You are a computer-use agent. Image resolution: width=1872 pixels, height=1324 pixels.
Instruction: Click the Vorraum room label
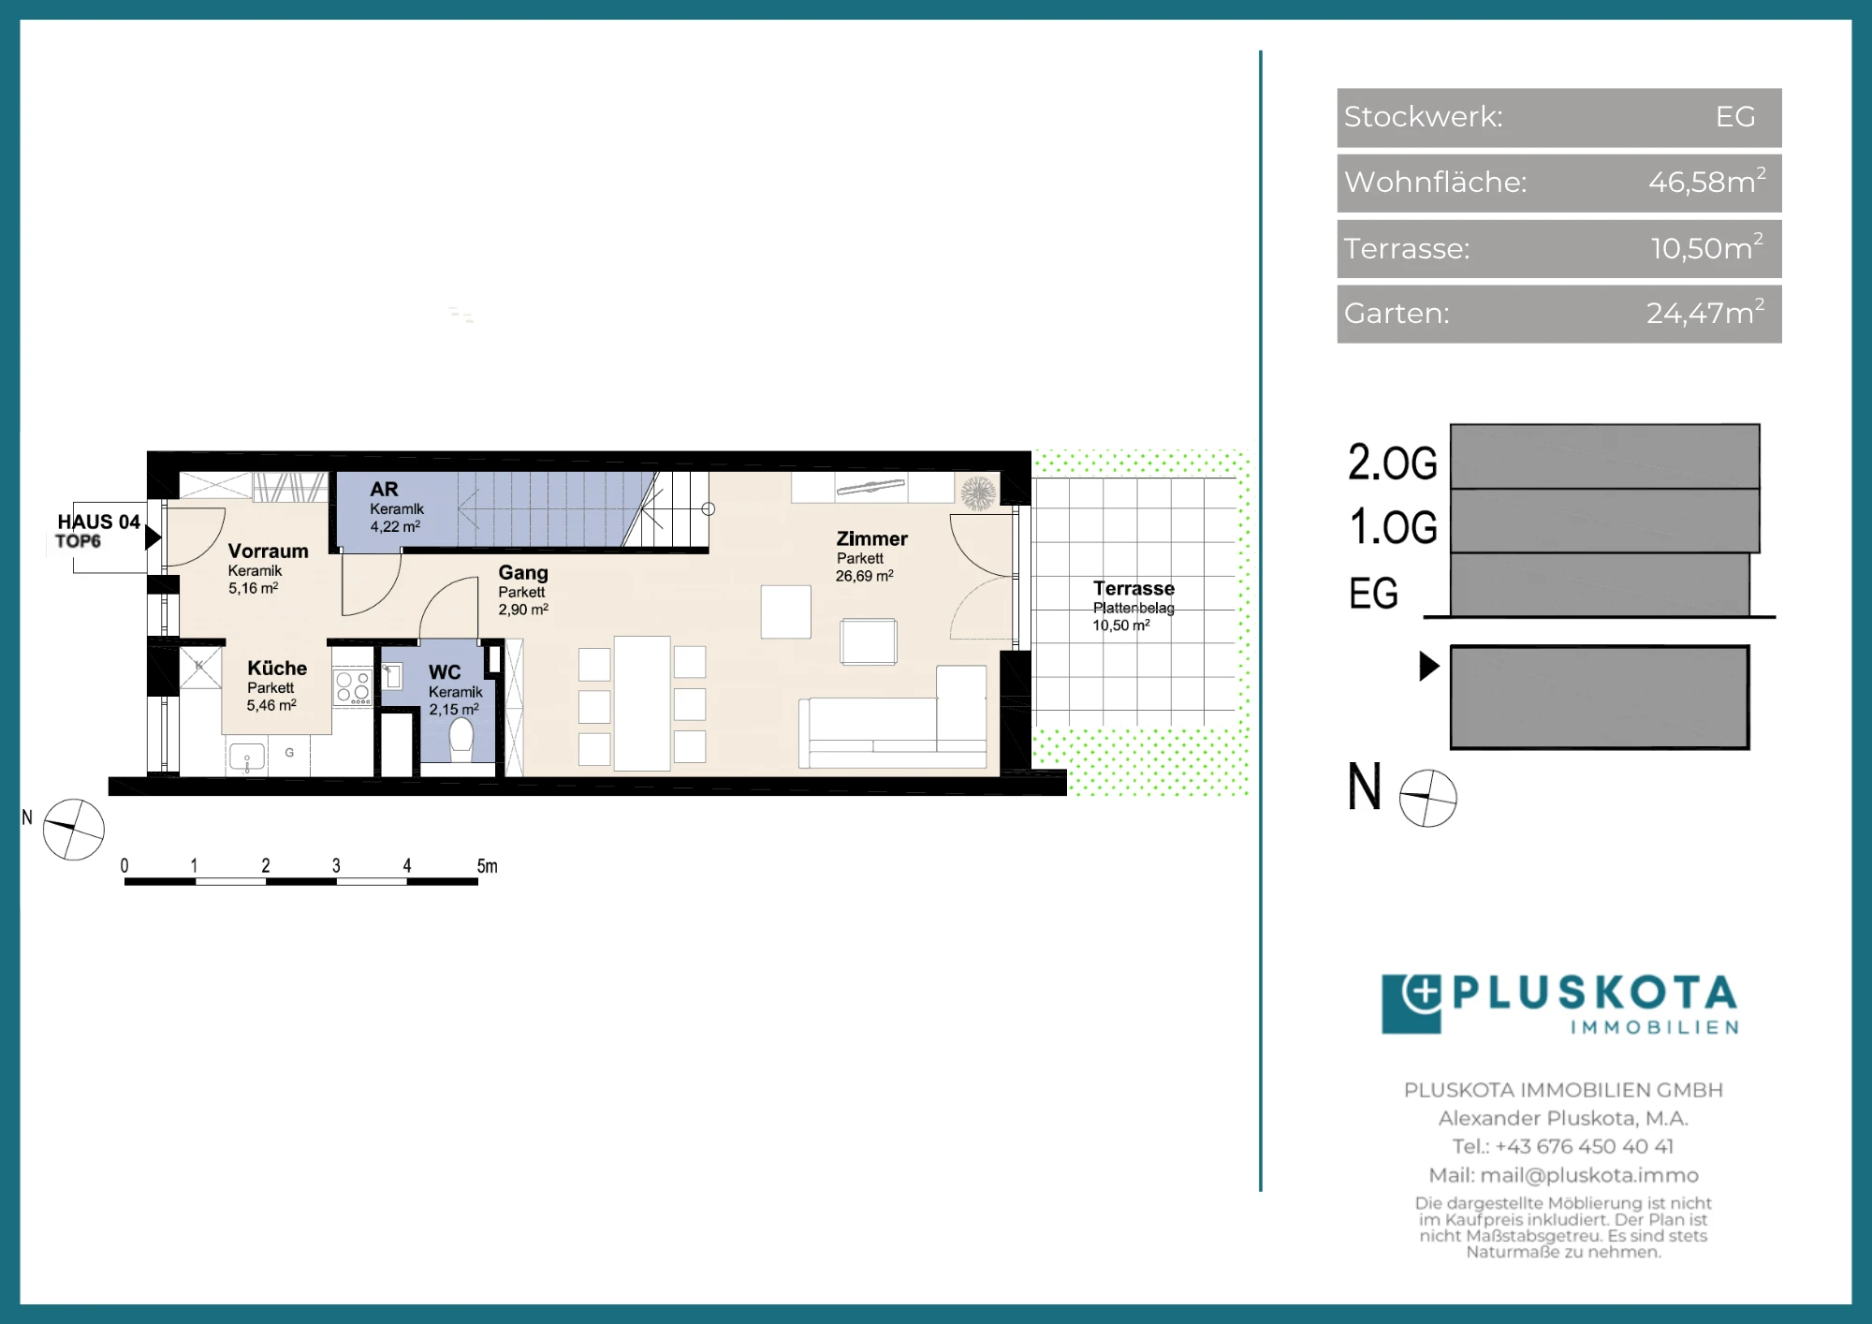268,552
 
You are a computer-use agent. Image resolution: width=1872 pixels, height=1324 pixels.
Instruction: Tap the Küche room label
277,669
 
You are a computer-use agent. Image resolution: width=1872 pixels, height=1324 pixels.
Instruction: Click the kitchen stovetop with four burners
353,686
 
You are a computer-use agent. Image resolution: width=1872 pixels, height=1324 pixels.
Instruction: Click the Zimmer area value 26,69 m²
864,576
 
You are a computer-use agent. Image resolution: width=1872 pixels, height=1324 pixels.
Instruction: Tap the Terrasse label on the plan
1133,588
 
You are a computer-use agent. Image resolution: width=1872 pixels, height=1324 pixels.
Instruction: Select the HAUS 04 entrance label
98,522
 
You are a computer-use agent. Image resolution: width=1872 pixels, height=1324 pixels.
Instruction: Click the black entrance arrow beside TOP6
154,537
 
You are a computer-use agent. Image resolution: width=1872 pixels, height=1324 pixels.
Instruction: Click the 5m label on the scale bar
487,866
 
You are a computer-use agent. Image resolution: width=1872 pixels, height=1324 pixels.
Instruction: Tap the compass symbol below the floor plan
74,829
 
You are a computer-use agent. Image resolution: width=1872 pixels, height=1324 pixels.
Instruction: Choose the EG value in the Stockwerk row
1735,116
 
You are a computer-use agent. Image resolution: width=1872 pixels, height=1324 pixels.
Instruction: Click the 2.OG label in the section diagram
1392,463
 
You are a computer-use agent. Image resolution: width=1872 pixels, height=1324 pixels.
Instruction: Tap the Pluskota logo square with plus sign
1411,1004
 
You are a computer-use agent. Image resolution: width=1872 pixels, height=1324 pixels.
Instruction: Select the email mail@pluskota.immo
1589,1175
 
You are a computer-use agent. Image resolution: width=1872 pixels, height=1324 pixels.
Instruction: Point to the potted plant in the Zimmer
978,493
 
